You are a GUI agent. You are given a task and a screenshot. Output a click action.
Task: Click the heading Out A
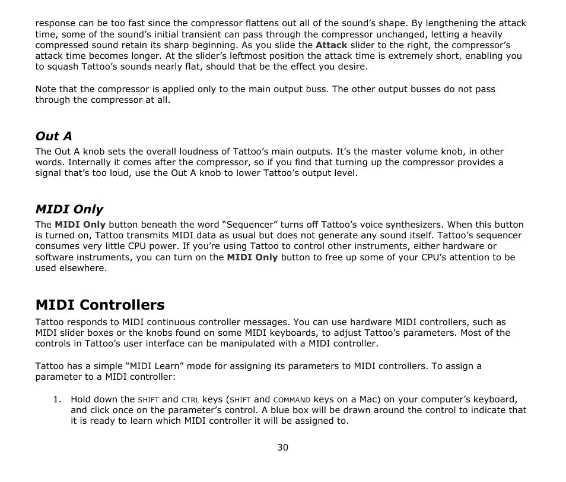(53, 137)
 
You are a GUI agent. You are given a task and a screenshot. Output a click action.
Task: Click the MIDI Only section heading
(69, 209)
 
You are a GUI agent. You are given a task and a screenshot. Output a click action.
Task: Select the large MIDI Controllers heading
(100, 305)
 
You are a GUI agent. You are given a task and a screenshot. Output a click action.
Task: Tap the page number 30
(282, 448)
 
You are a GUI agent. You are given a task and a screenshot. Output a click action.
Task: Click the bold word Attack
(331, 45)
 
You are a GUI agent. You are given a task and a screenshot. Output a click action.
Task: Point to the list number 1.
(58, 399)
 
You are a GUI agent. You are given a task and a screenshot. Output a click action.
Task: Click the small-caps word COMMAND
(292, 400)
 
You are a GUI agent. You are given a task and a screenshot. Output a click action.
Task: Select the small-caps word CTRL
(190, 400)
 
